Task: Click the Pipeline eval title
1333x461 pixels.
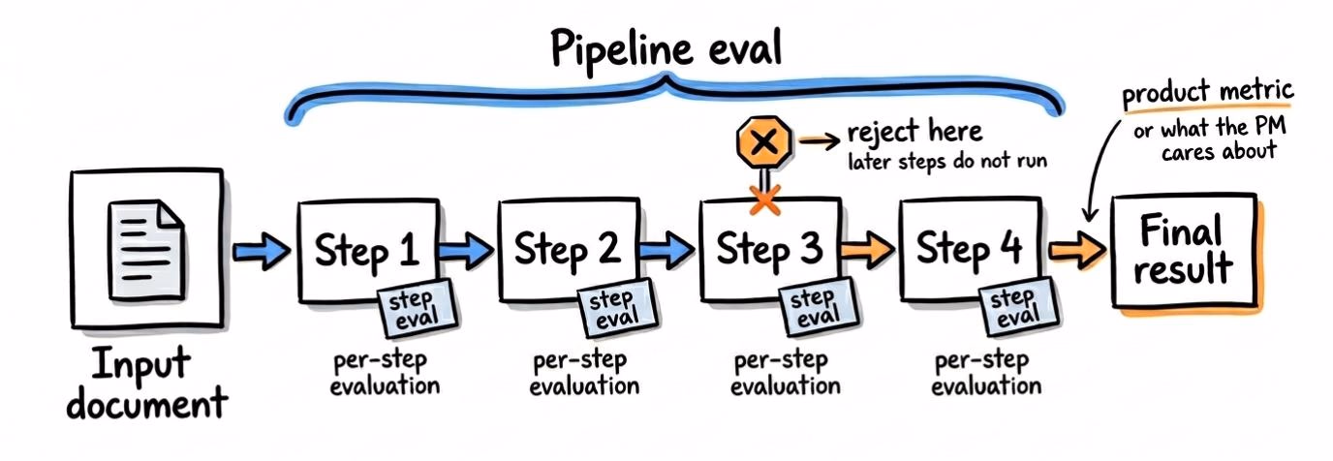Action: [x=666, y=47]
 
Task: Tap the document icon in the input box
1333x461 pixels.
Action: [x=146, y=250]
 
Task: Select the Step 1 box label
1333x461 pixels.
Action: [x=367, y=251]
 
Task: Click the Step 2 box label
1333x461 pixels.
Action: [x=568, y=249]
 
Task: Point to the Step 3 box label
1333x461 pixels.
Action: [x=770, y=249]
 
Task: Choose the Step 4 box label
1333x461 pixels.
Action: [x=970, y=249]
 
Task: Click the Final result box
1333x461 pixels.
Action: [x=1184, y=250]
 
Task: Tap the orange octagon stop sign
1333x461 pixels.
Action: [x=764, y=142]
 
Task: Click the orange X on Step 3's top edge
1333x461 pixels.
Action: [x=764, y=200]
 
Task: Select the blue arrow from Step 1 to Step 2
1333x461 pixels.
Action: [x=467, y=250]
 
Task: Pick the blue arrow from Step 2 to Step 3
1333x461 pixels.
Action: [x=667, y=249]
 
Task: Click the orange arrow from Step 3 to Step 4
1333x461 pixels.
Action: [x=868, y=249]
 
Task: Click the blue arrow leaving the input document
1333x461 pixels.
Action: [x=262, y=251]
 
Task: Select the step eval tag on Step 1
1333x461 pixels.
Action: [x=418, y=309]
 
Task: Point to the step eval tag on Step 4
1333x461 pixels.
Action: [x=1019, y=308]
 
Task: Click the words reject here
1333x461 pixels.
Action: [x=914, y=132]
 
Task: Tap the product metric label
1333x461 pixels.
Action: [x=1208, y=92]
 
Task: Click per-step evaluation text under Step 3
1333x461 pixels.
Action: [x=785, y=374]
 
